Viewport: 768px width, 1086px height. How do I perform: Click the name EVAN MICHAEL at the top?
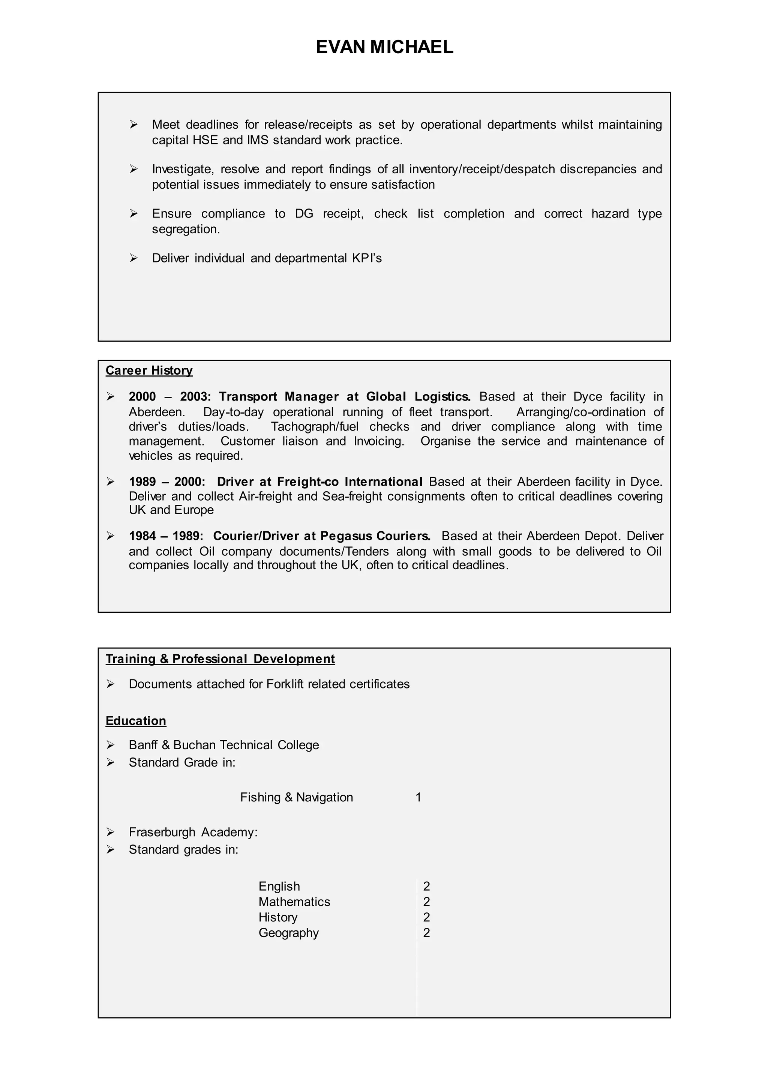384,47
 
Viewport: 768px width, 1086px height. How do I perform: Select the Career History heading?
149,370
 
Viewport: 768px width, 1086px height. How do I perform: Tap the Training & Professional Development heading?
220,659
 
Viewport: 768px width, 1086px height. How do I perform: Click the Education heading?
136,721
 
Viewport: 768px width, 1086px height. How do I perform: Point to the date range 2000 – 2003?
169,396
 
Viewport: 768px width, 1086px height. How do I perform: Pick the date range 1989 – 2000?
166,482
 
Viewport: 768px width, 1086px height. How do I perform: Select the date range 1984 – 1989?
165,536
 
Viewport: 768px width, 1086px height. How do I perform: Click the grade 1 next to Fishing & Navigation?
418,798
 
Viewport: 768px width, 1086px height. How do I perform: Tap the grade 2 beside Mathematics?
426,901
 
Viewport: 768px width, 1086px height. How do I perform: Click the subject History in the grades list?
277,917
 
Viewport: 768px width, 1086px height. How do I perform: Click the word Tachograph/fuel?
315,427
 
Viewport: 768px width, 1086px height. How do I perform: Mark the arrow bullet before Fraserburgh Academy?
110,832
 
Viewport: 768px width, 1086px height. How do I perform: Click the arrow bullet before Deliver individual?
133,258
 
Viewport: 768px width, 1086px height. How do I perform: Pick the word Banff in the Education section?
143,745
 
